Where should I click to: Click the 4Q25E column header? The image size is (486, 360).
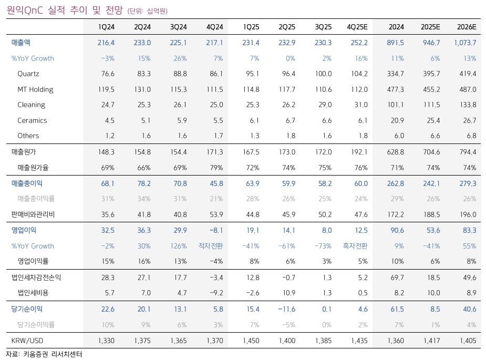tap(357, 27)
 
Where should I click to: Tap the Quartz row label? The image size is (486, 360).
tap(28, 74)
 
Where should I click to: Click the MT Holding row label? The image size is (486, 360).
tap(35, 89)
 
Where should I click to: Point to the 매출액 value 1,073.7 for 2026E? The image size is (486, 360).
tap(465, 43)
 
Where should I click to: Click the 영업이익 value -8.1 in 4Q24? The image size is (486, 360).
tap(215, 230)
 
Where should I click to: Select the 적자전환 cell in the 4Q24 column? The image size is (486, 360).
tap(211, 246)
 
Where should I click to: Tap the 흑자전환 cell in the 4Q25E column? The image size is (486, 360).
tap(355, 246)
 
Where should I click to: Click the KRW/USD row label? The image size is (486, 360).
tap(27, 341)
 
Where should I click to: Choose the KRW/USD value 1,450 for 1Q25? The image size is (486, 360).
tap(251, 341)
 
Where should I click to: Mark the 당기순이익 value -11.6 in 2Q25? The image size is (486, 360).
tap(286, 309)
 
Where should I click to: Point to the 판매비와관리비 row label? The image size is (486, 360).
tap(33, 214)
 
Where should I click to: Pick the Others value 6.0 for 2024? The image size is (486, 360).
tap(398, 136)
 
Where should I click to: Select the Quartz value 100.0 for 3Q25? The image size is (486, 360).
tap(323, 74)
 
